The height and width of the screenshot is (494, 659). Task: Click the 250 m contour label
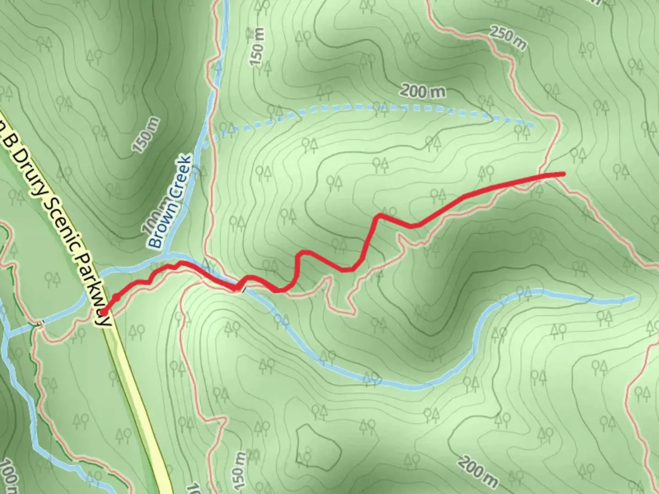click(508, 38)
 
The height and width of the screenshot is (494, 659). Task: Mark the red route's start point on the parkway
click(103, 312)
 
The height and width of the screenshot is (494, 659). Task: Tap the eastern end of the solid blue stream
click(634, 298)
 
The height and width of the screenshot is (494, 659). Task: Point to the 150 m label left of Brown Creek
click(146, 134)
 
